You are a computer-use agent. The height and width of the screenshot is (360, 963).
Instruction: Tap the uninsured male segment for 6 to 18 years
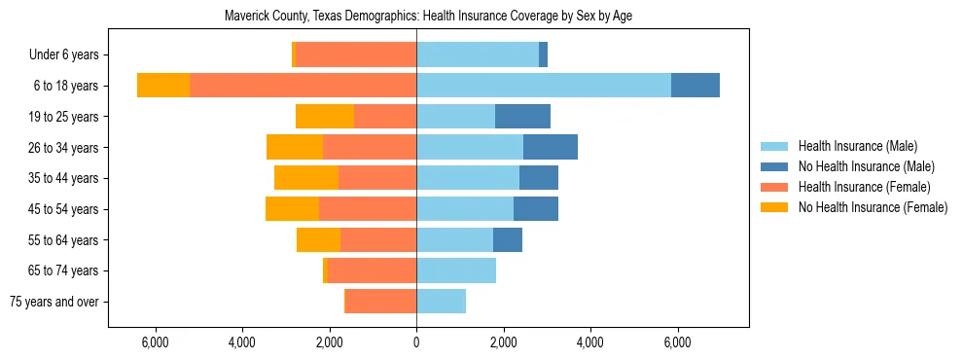(x=695, y=86)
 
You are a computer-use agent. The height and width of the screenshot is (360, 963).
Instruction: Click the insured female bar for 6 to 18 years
(x=303, y=86)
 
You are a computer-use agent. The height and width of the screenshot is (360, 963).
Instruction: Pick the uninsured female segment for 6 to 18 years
(x=163, y=86)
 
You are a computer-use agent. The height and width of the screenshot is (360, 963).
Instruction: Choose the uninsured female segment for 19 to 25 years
(x=325, y=117)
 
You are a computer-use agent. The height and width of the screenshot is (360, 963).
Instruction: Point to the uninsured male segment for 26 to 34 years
(x=550, y=147)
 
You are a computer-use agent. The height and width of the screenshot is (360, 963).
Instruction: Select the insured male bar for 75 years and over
(x=441, y=302)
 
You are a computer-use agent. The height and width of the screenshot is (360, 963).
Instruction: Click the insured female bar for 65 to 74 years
(x=372, y=270)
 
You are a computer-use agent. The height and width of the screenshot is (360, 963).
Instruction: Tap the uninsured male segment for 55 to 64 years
(x=507, y=239)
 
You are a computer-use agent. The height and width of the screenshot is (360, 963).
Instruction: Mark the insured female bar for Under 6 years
(x=355, y=54)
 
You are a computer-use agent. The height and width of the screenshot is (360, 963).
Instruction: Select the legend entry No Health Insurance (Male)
(x=865, y=166)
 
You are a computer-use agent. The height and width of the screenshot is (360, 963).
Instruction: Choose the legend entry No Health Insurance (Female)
(x=872, y=207)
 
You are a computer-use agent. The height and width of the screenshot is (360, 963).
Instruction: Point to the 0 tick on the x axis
(x=416, y=342)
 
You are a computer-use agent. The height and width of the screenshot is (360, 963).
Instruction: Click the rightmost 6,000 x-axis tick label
(x=677, y=342)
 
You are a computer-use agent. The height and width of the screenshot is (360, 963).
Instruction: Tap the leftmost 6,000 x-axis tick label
(x=156, y=342)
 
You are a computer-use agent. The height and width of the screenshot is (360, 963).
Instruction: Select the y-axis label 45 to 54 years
(x=63, y=209)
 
